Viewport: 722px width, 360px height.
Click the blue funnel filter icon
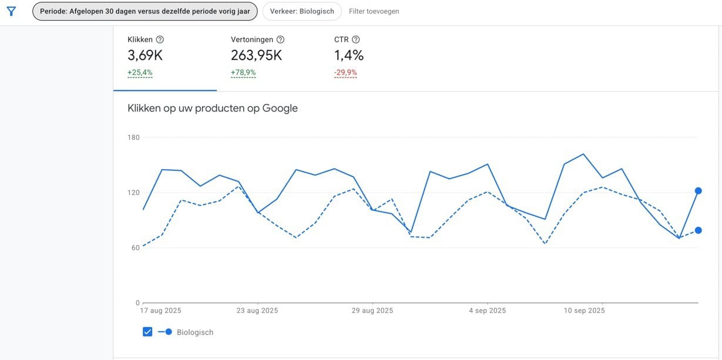11,11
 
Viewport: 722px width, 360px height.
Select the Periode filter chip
145,11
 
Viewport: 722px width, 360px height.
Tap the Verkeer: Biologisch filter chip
301,11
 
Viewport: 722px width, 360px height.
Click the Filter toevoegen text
374,11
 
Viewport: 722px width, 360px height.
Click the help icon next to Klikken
160,40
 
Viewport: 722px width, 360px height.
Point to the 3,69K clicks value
145,56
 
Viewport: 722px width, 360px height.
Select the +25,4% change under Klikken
140,73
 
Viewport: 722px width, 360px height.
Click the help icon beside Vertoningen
280,40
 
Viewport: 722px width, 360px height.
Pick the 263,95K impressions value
256,56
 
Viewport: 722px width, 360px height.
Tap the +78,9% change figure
243,73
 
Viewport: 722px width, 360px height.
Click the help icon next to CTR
355,40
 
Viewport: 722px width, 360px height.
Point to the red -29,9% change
345,73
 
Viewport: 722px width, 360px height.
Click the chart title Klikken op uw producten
213,108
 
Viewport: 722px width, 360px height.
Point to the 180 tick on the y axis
133,137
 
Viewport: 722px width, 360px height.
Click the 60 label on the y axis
135,248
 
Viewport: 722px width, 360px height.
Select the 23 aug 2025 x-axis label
257,311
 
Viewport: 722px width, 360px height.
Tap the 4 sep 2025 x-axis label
487,311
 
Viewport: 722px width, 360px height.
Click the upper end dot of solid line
698,191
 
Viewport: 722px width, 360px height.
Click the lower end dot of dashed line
698,230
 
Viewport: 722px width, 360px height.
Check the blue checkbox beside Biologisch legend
147,332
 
